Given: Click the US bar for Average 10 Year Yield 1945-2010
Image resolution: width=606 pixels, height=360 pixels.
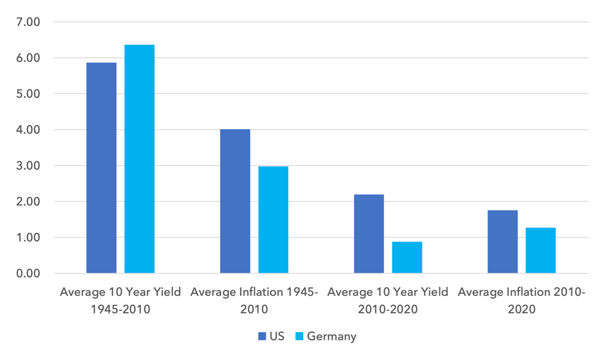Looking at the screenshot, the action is point(102,168).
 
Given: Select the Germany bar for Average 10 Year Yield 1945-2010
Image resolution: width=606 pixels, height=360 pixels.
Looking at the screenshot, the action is point(140,159).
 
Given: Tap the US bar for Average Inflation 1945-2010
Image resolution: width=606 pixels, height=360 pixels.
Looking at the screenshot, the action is point(235,201).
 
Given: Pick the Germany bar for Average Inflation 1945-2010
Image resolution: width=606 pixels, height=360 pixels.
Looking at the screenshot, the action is point(273,220).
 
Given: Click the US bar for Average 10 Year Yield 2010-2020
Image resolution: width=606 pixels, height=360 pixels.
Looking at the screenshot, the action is point(369,234).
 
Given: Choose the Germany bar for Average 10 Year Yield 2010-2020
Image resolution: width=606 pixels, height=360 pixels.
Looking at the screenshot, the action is point(407,257).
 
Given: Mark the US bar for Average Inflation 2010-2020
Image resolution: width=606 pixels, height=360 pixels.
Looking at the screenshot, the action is point(503,242).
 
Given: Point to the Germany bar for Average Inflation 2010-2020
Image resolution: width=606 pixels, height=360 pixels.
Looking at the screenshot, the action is point(541,251).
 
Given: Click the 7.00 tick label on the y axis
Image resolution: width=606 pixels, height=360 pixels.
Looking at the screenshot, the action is point(28,22).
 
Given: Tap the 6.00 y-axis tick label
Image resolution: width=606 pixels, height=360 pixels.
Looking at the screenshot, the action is point(28,58).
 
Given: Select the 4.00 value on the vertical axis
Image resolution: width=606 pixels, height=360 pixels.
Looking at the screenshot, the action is point(28,129).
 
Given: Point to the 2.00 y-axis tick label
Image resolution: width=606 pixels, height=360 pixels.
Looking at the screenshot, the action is point(28,201).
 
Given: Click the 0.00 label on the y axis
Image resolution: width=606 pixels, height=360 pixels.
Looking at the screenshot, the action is point(28,273).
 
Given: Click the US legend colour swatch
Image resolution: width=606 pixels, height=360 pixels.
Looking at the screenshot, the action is point(262,336).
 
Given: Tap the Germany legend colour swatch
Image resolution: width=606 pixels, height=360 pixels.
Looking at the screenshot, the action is point(299,336).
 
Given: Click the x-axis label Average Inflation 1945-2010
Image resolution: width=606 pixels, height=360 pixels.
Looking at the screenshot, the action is point(254,301).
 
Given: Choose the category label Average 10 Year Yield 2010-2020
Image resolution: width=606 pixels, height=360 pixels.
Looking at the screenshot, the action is point(388,301).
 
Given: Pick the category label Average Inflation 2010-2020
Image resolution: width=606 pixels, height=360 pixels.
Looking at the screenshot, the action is point(522,301).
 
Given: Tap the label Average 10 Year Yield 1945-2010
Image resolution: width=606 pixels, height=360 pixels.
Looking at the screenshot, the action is point(120,301).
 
